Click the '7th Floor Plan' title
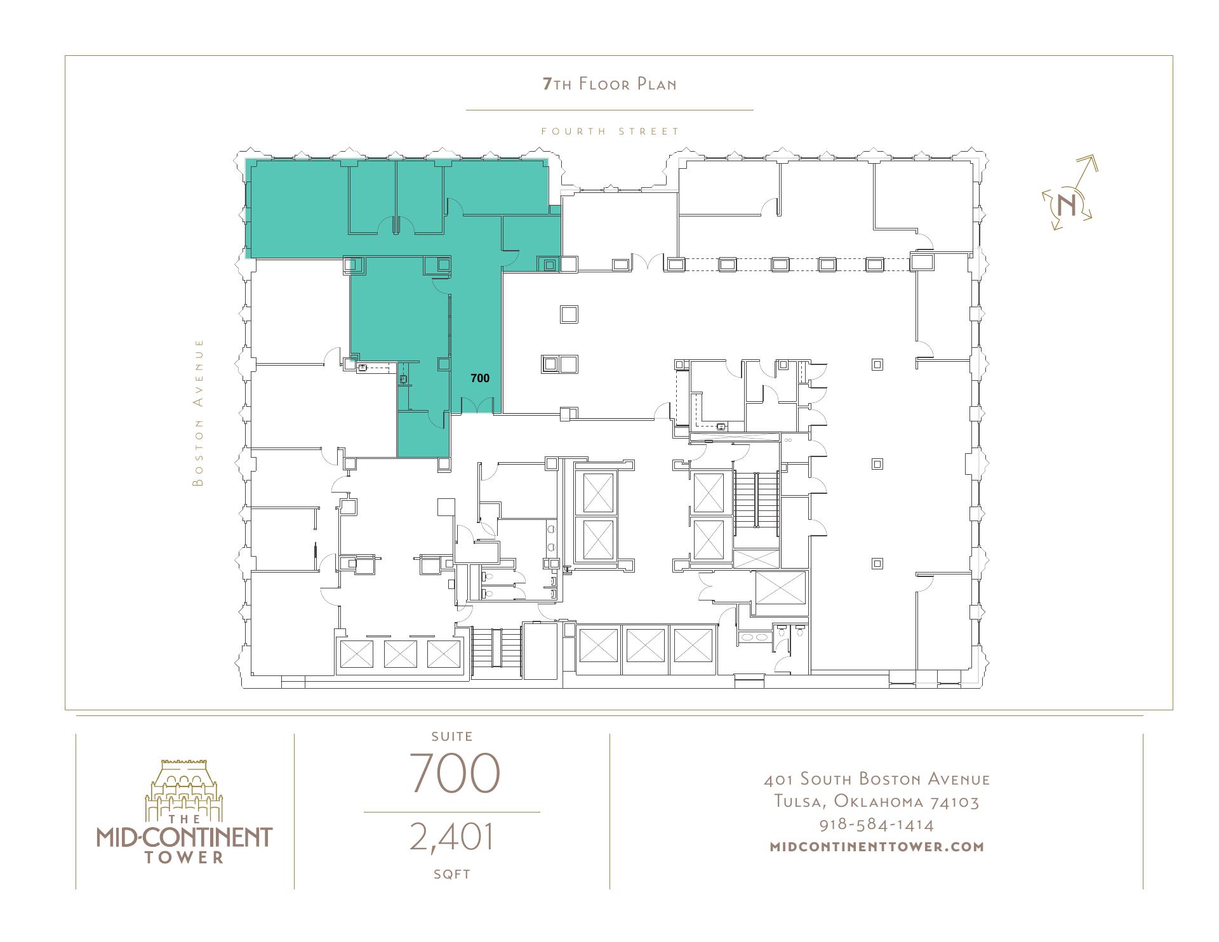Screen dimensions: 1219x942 tap(609, 84)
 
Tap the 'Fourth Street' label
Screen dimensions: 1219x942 tap(610, 131)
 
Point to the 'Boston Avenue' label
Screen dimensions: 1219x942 tap(199, 413)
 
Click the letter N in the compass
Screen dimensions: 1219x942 tap(1067, 205)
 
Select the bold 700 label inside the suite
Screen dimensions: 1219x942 tap(480, 378)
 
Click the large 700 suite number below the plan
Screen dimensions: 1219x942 tap(455, 773)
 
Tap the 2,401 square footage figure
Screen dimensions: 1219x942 tap(451, 837)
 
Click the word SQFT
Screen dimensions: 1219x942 tap(452, 874)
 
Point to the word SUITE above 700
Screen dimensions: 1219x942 tap(452, 736)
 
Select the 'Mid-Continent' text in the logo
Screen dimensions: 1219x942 tap(184, 837)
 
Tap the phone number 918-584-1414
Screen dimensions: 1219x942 tap(877, 825)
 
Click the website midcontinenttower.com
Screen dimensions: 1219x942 tap(877, 846)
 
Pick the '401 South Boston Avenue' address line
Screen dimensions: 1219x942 tap(877, 779)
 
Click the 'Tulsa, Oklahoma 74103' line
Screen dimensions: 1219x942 tap(877, 802)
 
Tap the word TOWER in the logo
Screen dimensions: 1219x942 tap(184, 858)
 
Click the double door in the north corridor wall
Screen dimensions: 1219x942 tap(648, 262)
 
